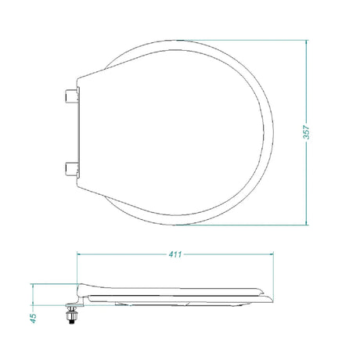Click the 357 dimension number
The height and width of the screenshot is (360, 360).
(308, 132)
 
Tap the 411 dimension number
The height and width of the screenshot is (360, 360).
(175, 254)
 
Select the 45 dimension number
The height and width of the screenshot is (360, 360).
(34, 319)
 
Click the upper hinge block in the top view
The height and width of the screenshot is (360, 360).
(71, 95)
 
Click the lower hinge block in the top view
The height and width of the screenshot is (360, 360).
(71, 170)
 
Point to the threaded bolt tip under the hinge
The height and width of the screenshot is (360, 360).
(71, 322)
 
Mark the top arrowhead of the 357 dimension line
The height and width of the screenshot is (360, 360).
(307, 42)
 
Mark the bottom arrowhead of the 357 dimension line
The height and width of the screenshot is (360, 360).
(307, 222)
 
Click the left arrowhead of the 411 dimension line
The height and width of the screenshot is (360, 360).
(80, 254)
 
